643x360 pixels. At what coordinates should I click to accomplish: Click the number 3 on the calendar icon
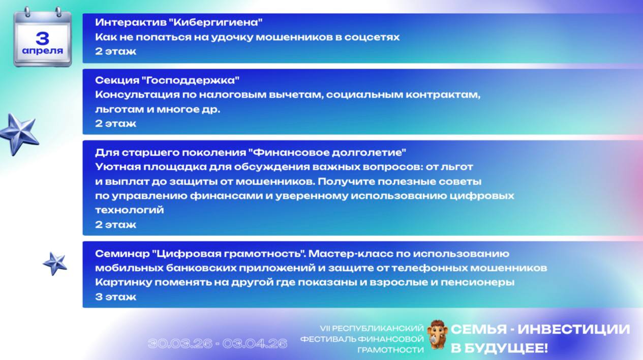tap(43, 38)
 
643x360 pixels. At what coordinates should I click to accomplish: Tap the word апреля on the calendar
tap(43, 51)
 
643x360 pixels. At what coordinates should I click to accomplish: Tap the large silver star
tap(19, 133)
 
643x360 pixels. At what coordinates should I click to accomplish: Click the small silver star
tap(55, 263)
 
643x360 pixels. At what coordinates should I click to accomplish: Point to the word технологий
tap(130, 210)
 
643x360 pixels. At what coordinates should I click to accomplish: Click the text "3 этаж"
tap(115, 297)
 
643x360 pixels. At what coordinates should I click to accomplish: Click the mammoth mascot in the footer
tap(437, 334)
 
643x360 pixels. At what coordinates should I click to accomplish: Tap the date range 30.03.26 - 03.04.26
tap(218, 344)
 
